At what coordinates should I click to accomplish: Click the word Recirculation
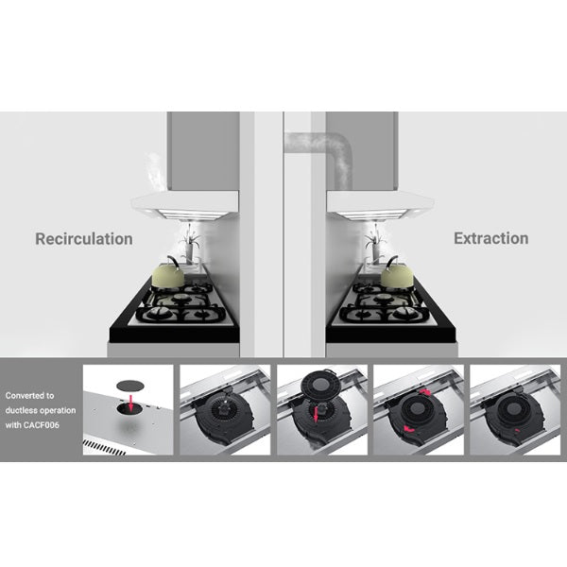pyautogui.click(x=84, y=239)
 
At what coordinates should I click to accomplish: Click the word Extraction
pyautogui.click(x=491, y=239)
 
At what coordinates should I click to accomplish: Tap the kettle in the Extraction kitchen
pyautogui.click(x=396, y=273)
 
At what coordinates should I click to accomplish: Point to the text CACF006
pyautogui.click(x=41, y=425)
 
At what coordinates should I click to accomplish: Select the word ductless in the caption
pyautogui.click(x=21, y=410)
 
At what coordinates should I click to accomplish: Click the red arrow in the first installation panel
pyautogui.click(x=131, y=403)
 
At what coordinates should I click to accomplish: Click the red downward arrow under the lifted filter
pyautogui.click(x=316, y=414)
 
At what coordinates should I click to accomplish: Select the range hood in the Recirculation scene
pyautogui.click(x=185, y=205)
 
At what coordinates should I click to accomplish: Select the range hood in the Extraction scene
pyautogui.click(x=380, y=205)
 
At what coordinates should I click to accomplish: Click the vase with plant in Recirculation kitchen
pyautogui.click(x=189, y=245)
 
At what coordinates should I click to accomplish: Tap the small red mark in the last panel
pyautogui.click(x=517, y=430)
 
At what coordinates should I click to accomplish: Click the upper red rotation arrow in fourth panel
pyautogui.click(x=425, y=392)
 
